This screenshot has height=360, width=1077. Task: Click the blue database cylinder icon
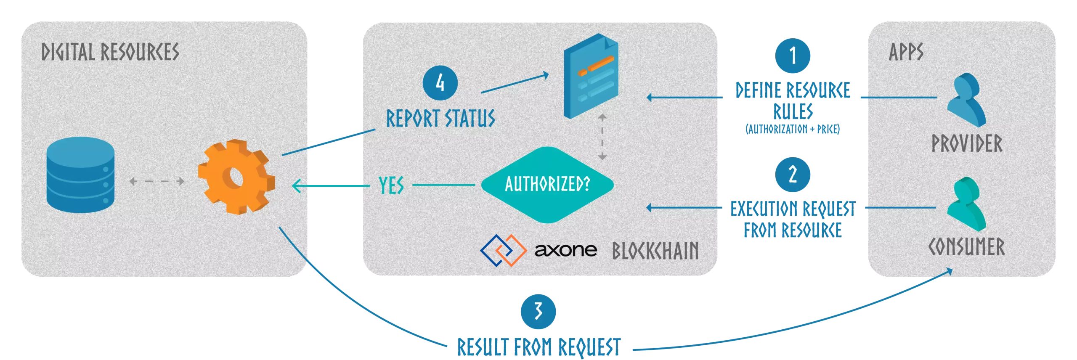pos(80,174)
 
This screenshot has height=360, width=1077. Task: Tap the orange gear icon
pos(236,177)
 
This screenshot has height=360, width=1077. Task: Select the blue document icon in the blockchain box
pos(591,76)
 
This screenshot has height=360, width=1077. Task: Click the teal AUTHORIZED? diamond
pos(547,184)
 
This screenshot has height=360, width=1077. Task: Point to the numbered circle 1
pos(793,56)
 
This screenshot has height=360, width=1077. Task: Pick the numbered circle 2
pos(793,174)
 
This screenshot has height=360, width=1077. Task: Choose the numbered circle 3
pos(538,312)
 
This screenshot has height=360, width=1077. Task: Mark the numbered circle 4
pos(440,82)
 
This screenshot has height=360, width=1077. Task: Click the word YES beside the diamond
pos(391,185)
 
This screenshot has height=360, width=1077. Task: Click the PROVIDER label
pos(967,143)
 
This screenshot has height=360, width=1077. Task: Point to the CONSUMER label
pos(966,247)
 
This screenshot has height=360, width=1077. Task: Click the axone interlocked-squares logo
pos(503,250)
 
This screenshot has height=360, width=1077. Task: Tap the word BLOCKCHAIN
pos(655,251)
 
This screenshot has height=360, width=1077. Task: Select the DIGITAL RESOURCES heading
pos(110,52)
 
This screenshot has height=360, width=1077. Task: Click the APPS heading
pos(906,52)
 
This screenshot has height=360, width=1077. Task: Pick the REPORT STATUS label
pos(440,118)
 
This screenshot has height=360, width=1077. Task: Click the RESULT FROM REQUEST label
pos(538,347)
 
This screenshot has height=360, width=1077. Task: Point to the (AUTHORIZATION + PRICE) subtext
pos(793,129)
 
